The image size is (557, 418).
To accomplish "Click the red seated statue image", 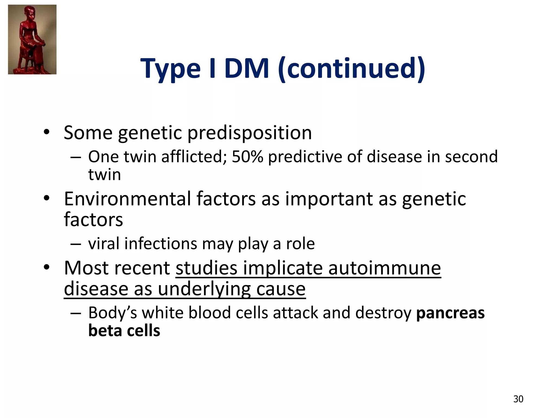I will click(x=32, y=39).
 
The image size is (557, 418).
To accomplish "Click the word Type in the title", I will click(x=170, y=69).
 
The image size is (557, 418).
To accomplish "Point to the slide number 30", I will click(x=518, y=399).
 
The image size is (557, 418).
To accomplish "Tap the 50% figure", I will click(x=247, y=157).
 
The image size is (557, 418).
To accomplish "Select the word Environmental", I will click(x=127, y=199).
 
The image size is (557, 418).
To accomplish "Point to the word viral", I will click(x=104, y=243).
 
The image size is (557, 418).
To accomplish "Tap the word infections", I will click(x=160, y=243).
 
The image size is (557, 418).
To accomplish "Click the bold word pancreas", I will click(x=450, y=313).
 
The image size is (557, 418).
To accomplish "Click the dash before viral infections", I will click(x=75, y=244).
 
